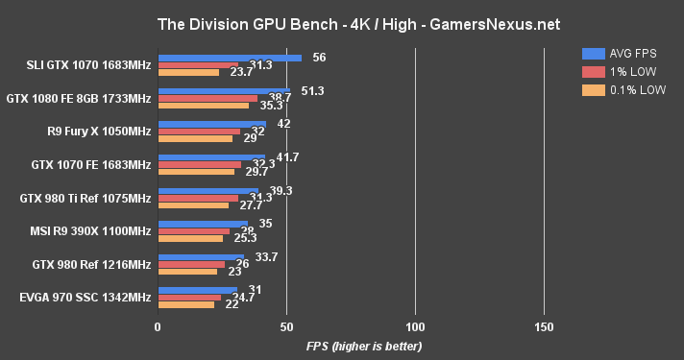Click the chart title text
click(x=342, y=22)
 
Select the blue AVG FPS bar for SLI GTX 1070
click(x=229, y=58)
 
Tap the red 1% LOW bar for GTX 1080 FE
click(x=207, y=98)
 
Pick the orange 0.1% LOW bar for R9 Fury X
click(x=194, y=139)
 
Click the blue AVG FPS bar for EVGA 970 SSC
click(x=197, y=289)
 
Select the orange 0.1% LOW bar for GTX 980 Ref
click(x=186, y=272)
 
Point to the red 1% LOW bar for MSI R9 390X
click(x=193, y=230)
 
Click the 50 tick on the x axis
click(x=286, y=326)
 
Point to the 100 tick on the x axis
click(x=415, y=326)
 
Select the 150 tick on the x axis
click(x=544, y=326)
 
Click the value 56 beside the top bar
click(x=319, y=58)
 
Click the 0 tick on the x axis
click(x=158, y=326)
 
